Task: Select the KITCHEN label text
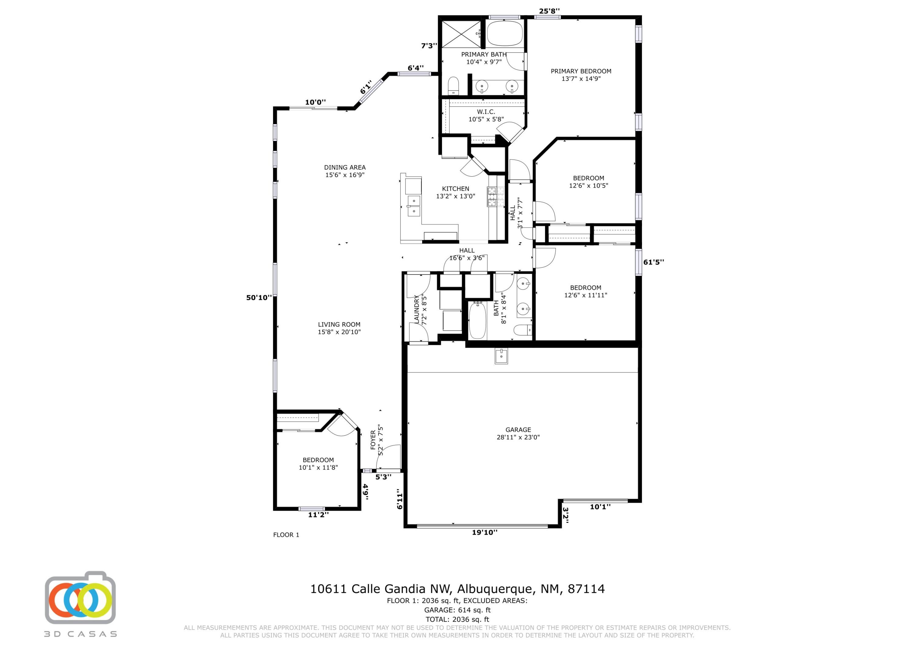(455, 192)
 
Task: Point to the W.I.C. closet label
(486, 116)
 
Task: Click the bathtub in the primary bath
(504, 33)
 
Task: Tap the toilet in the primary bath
(454, 86)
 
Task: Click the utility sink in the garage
(501, 356)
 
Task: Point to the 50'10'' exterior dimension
(259, 297)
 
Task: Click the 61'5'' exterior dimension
(654, 262)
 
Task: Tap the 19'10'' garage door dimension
(485, 532)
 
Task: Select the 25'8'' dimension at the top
(550, 11)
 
